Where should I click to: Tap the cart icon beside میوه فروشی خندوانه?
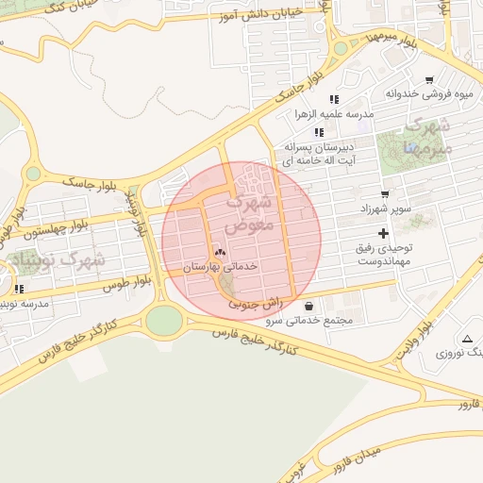pos(429,79)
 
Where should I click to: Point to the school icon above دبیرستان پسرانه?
pos(319,132)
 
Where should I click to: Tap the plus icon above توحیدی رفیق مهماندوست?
pos(382,232)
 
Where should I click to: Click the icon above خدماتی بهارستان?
pos(221,252)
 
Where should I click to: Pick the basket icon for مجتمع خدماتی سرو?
pos(310,306)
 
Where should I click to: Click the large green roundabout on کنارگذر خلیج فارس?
pos(164,321)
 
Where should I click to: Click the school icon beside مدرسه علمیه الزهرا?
pos(334,99)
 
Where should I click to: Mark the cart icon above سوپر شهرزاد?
pos(385,192)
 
